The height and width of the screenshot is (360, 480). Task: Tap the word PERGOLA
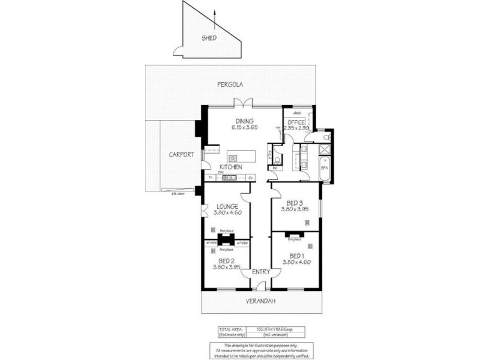pyautogui.click(x=230, y=85)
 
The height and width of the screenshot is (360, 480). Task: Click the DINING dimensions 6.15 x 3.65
pyautogui.click(x=244, y=127)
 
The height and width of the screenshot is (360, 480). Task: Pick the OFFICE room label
pyautogui.click(x=296, y=122)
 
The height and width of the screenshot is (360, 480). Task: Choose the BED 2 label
pyautogui.click(x=227, y=260)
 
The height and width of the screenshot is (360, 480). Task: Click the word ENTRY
pyautogui.click(x=261, y=272)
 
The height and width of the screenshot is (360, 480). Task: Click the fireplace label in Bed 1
pyautogui.click(x=294, y=239)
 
